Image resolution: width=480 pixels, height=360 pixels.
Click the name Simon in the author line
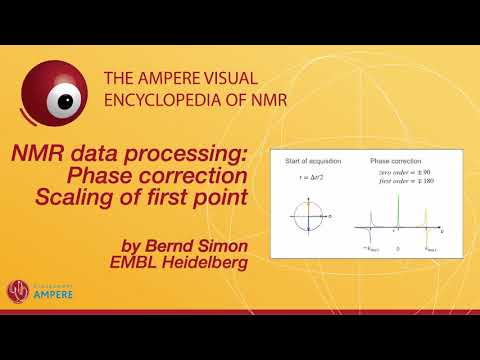[x=219, y=244]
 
